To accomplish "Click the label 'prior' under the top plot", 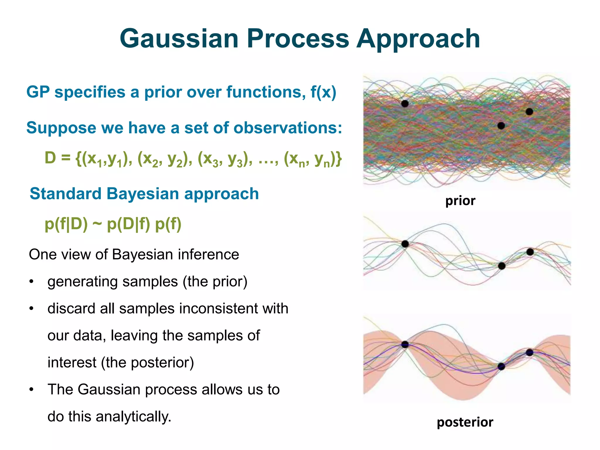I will (x=460, y=201).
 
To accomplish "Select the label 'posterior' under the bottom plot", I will (x=465, y=422).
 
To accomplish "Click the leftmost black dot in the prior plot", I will (x=405, y=103).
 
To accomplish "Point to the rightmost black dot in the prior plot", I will (x=529, y=112).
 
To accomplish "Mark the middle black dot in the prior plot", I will (x=501, y=126).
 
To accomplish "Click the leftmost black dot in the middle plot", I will (x=405, y=244).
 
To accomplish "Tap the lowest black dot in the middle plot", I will (x=502, y=266).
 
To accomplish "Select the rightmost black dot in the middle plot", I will (x=530, y=252).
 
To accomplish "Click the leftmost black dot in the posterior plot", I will (x=405, y=344).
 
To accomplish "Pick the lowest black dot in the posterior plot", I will (x=501, y=367).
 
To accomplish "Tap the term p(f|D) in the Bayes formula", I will (x=66, y=224).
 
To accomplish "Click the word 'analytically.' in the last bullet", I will (x=134, y=416).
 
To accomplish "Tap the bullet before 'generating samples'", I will (x=32, y=282).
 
